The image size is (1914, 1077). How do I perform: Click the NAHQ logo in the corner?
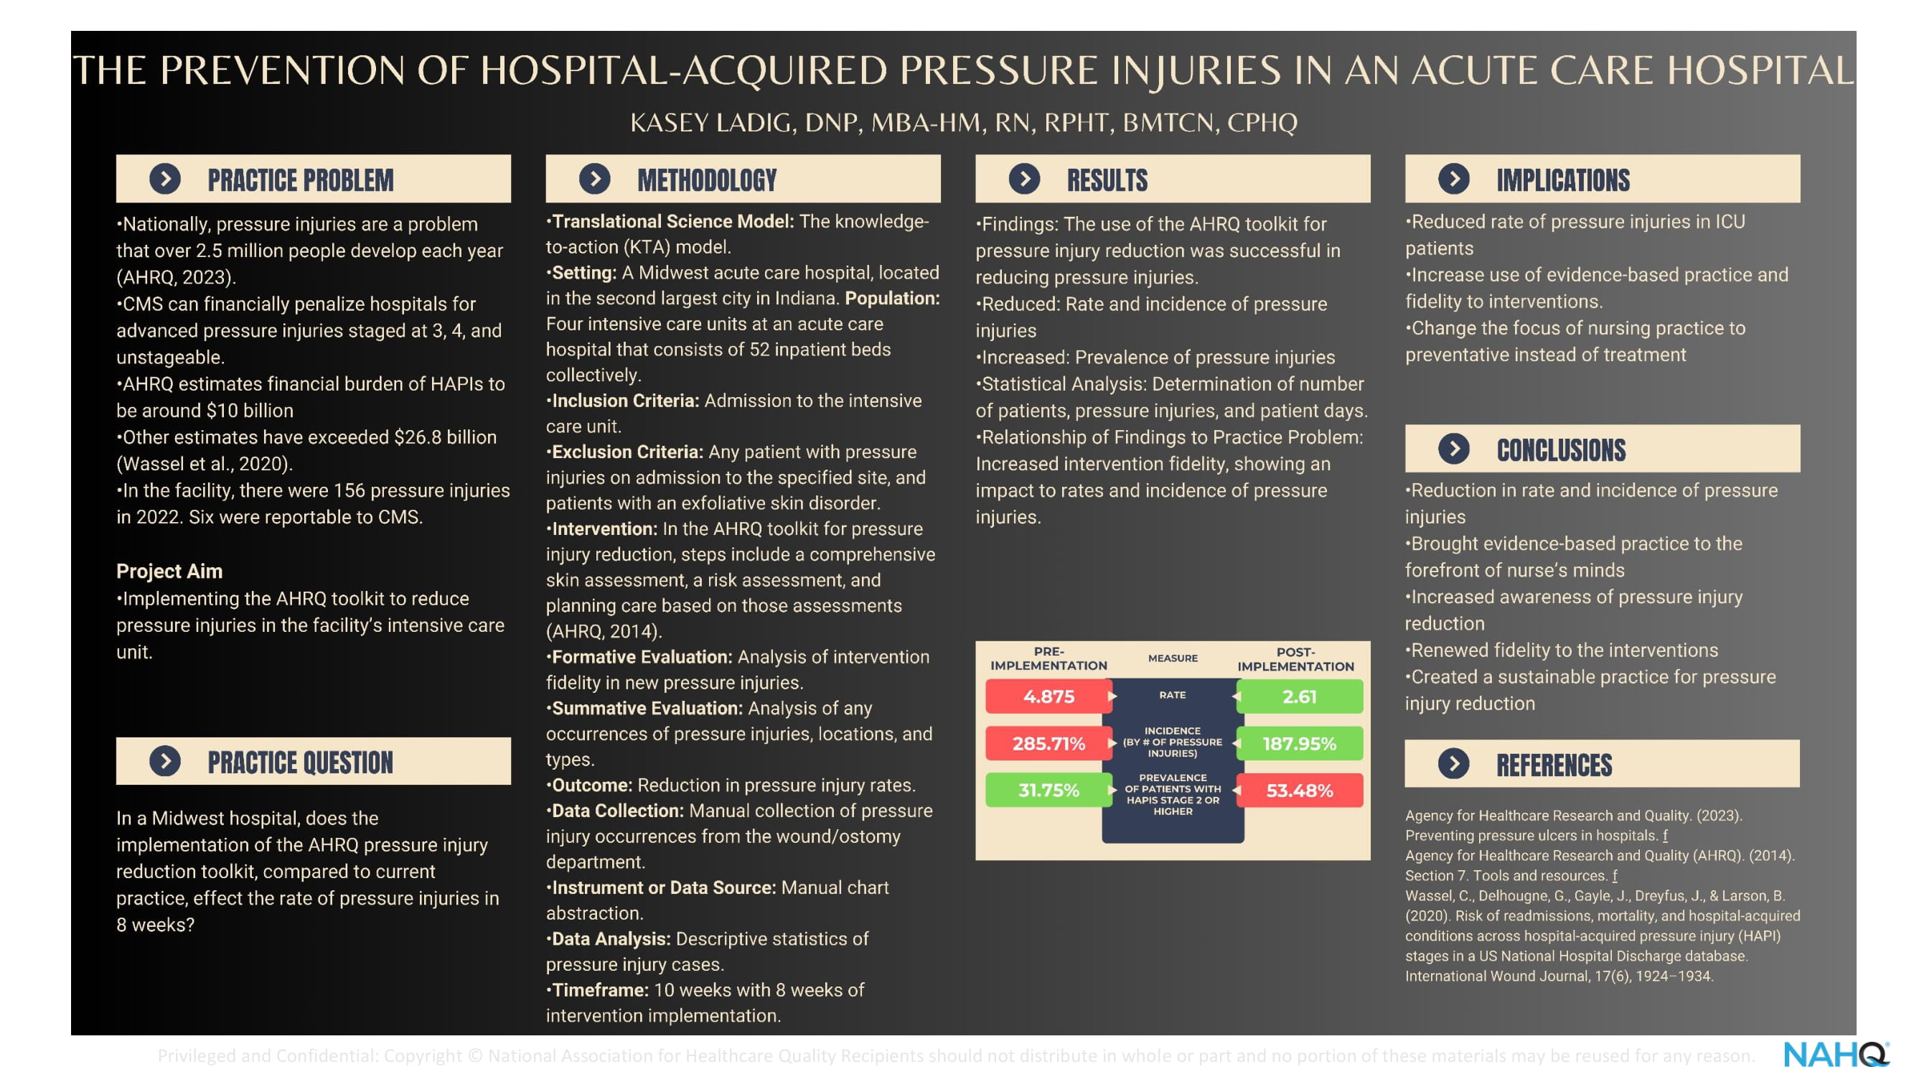coord(1836,1055)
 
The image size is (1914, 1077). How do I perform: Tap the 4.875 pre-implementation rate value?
coord(1049,696)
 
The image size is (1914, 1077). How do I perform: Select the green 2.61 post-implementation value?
coord(1300,696)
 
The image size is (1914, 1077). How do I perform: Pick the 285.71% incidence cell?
coord(1049,743)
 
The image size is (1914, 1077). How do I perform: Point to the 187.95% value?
coord(1300,743)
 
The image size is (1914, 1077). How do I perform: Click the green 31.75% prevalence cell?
coord(1049,790)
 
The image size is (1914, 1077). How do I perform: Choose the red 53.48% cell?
coord(1300,790)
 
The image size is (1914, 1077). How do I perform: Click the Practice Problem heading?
coord(301,180)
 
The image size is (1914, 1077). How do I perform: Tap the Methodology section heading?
coord(707,180)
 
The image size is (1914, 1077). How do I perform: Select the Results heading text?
coord(1107,180)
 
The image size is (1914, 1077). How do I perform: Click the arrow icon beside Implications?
coord(1454,178)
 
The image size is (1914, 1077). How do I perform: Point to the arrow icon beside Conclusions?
coord(1454,448)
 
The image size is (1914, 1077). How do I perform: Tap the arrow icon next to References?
coord(1454,763)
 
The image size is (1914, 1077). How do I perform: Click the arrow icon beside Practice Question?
coord(165,761)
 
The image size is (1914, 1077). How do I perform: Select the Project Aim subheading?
coord(169,571)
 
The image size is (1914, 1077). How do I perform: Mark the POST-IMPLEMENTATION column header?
coord(1296,659)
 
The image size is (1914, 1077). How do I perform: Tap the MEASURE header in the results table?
coord(1173,658)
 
